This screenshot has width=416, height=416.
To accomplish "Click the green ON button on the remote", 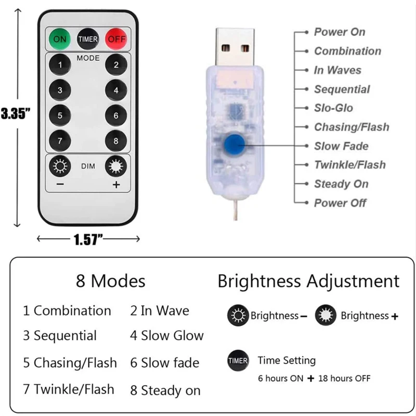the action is click(x=60, y=39).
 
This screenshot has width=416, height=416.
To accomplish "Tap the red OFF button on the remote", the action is click(x=116, y=39).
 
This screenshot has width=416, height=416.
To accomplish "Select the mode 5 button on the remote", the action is click(x=60, y=115).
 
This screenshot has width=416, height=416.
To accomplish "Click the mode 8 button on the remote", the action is click(x=116, y=141).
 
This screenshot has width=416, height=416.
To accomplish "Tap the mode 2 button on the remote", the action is click(x=116, y=65).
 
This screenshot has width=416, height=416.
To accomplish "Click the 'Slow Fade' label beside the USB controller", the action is click(x=341, y=146).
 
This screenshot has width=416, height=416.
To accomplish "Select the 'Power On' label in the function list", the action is click(x=340, y=32).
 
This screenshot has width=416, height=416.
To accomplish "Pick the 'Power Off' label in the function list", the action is click(x=340, y=203).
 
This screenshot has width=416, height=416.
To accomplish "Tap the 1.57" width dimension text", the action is click(x=87, y=239).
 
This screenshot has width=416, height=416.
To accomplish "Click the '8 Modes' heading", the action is click(x=111, y=281).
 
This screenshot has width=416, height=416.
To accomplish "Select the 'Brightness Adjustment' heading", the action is click(x=308, y=281).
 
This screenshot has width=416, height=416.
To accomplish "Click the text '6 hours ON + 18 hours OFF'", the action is click(x=314, y=378).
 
